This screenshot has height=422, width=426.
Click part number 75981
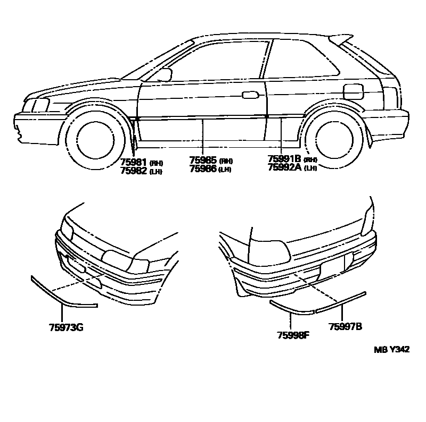pyautogui.click(x=134, y=163)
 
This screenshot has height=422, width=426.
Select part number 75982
pyautogui.click(x=134, y=171)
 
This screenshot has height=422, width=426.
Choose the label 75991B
pyautogui.click(x=284, y=159)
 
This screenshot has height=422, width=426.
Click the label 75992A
pyautogui.click(x=285, y=167)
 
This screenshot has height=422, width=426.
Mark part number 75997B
pyautogui.click(x=346, y=326)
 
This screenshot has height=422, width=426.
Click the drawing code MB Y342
pyautogui.click(x=391, y=349)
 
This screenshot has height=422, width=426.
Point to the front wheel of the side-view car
pyautogui.click(x=92, y=137)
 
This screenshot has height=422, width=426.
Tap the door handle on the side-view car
pyautogui.click(x=248, y=95)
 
